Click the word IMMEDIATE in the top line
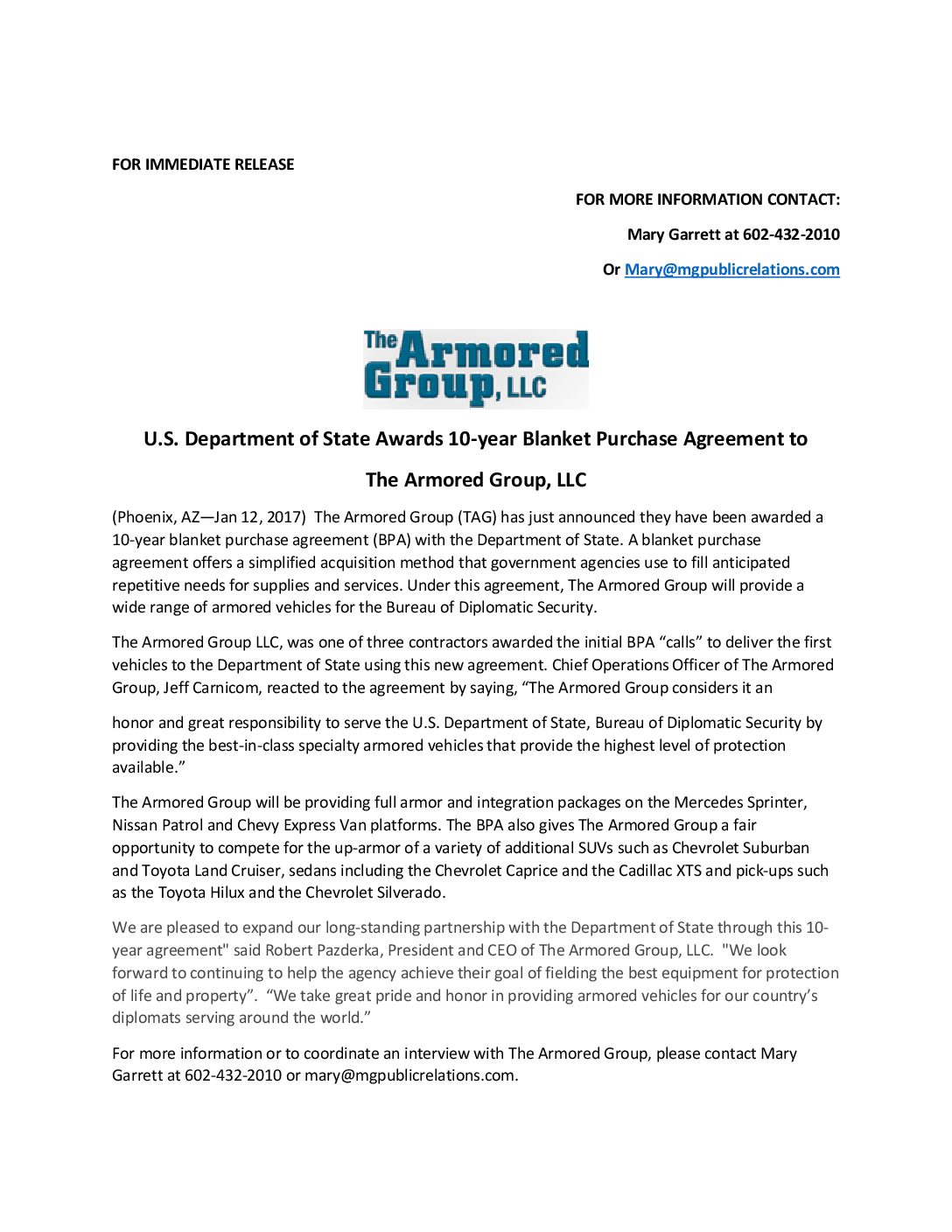click(186, 164)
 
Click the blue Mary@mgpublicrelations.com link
click(731, 269)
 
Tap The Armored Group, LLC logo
click(476, 368)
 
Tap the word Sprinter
click(777, 802)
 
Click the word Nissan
click(136, 825)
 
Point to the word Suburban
click(776, 848)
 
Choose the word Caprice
click(529, 871)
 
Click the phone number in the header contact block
click(791, 234)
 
